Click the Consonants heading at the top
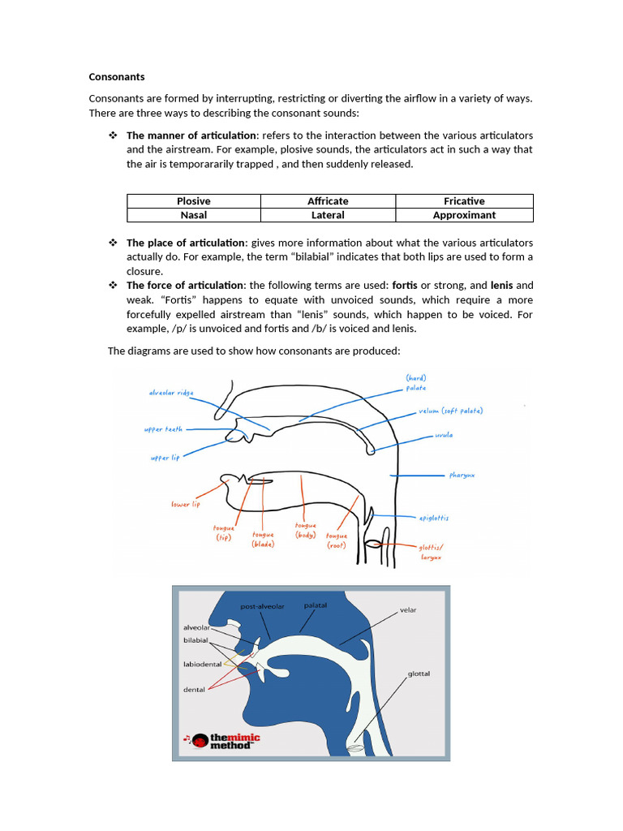[117, 77]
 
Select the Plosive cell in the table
[193, 201]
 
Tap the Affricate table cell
[328, 201]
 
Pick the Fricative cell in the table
[464, 201]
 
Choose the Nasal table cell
[193, 215]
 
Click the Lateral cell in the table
[328, 215]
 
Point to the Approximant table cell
[464, 215]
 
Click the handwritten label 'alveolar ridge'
[171, 393]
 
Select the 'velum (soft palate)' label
[450, 411]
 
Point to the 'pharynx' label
[462, 475]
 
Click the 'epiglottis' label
[433, 518]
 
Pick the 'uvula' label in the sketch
[444, 436]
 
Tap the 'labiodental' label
[203, 664]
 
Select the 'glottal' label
[419, 674]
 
